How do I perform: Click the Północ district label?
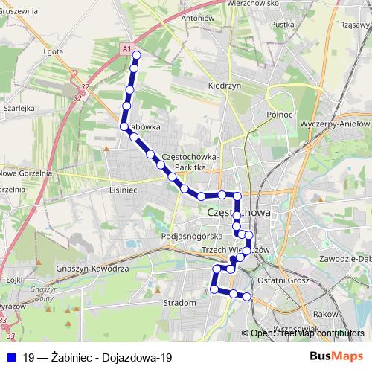tap(277, 115)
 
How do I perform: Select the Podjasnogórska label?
tap(187, 236)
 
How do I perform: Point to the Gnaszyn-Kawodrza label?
tap(93, 267)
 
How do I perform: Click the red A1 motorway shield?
tap(127, 49)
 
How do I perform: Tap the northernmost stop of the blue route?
tap(137, 55)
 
